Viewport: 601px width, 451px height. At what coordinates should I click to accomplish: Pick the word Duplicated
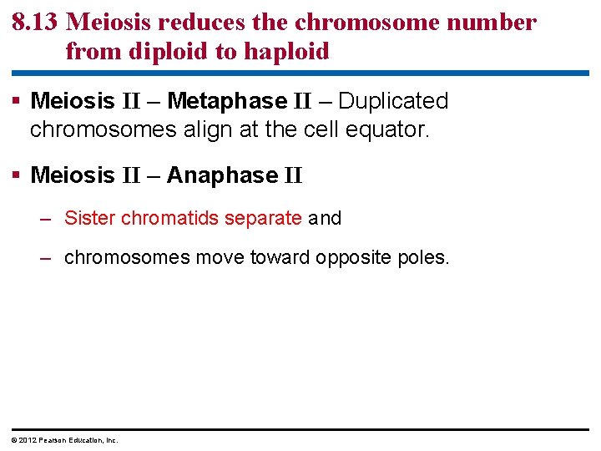pos(393,101)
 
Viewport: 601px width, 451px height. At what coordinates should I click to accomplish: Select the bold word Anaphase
pos(222,175)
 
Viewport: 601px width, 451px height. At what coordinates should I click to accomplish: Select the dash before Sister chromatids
pos(49,219)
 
